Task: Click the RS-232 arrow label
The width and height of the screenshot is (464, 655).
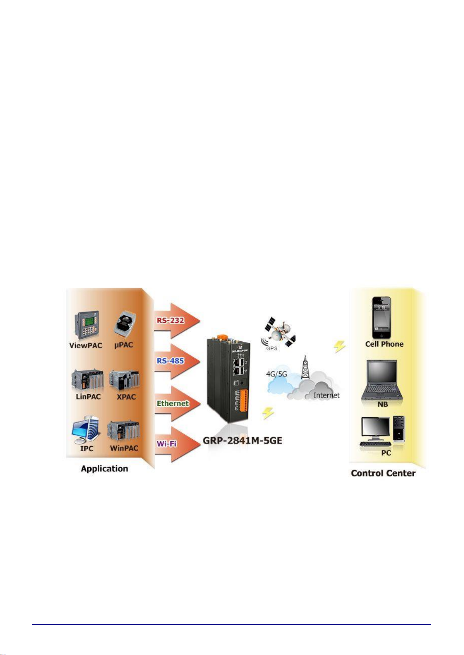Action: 170,321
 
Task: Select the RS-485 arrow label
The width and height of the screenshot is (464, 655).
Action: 170,361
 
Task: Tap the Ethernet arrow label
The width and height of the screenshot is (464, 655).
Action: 172,403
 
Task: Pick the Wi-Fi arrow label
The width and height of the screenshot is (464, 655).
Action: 167,444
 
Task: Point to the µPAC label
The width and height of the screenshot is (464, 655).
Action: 124,345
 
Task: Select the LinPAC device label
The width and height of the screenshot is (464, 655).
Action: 88,396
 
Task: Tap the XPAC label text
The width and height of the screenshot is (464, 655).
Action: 126,397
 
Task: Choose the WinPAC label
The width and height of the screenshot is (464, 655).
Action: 124,448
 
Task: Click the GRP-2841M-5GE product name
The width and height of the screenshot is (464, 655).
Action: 242,441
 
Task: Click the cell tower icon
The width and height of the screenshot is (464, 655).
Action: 306,367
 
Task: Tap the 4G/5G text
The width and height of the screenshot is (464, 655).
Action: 276,374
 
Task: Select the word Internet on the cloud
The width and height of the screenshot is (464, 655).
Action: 326,395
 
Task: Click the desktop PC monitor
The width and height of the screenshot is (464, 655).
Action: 375,428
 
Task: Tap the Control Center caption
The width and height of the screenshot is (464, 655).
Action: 383,473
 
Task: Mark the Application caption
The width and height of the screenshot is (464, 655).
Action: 104,468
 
